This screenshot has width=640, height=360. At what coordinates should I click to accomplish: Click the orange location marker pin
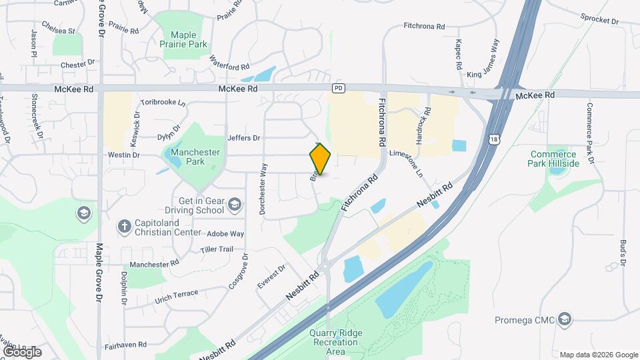point(320,159)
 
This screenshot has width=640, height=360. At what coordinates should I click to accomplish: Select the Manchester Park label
point(195,157)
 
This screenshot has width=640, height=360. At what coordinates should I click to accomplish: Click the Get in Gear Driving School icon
point(234,204)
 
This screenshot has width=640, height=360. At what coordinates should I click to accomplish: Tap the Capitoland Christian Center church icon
point(124,226)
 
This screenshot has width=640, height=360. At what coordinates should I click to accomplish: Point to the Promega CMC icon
point(565,319)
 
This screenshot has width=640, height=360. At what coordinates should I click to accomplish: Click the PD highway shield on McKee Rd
point(339,89)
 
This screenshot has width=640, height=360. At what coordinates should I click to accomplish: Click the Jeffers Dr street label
point(243,138)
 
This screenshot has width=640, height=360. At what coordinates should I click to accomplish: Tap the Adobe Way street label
point(225,234)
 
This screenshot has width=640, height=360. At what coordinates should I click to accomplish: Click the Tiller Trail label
point(217,249)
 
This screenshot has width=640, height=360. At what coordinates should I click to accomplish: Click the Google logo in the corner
point(22,351)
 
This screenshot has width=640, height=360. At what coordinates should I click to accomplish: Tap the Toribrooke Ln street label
point(163,103)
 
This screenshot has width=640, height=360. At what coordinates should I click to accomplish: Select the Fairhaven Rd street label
point(125,347)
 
